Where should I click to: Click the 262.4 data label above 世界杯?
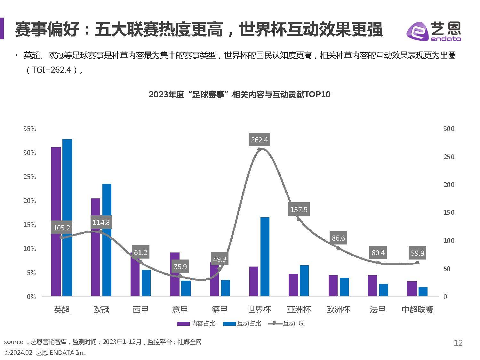pyautogui.click(x=259, y=140)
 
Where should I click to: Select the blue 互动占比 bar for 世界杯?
pyautogui.click(x=265, y=256)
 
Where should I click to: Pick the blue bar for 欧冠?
pyautogui.click(x=107, y=240)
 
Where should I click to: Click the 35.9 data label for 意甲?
pyautogui.click(x=180, y=266)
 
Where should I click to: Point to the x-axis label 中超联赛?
pyautogui.click(x=417, y=309)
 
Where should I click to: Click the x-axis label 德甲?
pyautogui.click(x=220, y=309)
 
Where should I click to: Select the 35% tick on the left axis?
pyautogui.click(x=30, y=129)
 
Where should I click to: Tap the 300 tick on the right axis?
pyautogui.click(x=449, y=129)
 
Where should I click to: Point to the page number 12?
pyautogui.click(x=458, y=343)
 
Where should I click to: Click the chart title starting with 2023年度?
pyautogui.click(x=239, y=94)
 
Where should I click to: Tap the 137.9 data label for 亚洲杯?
pyautogui.click(x=299, y=209)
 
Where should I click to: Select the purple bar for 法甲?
pyautogui.click(x=372, y=285)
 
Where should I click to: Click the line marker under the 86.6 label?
pyautogui.click(x=338, y=248)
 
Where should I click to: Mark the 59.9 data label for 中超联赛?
pyautogui.click(x=417, y=253)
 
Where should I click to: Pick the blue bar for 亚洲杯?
pyautogui.click(x=304, y=281)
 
